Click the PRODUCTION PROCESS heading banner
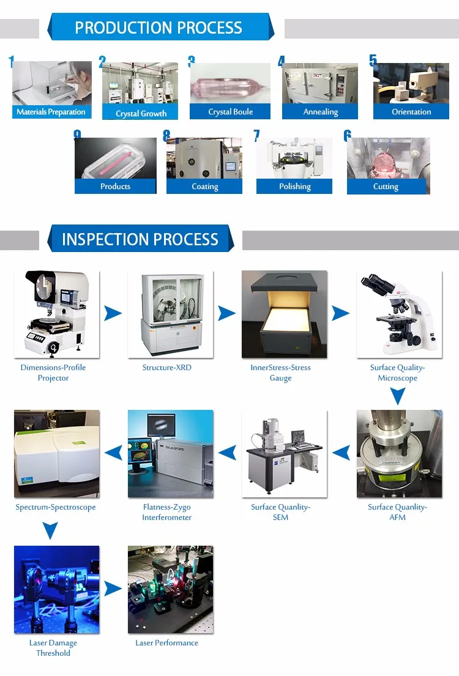point(159,28)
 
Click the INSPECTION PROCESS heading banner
point(140,239)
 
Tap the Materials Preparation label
point(51,112)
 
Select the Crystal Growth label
point(141,113)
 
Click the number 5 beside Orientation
point(373,61)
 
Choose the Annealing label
point(320,112)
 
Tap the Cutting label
point(386,187)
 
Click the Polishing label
point(294,187)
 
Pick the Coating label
point(204,187)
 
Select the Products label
point(115,187)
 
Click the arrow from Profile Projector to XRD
point(113,314)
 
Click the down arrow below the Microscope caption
point(398,398)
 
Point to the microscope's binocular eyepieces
point(374,284)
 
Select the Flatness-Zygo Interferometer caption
point(166,512)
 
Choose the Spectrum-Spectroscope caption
point(56,507)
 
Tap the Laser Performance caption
point(166,643)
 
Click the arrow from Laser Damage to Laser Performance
point(113,589)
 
